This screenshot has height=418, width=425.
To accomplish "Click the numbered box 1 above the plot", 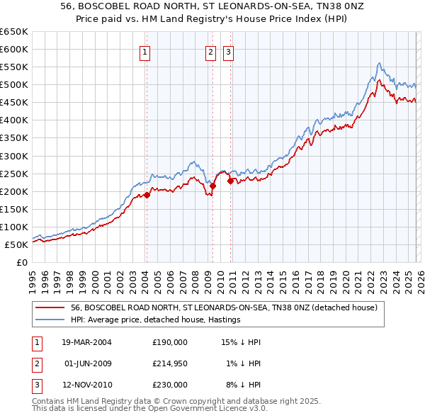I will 144,50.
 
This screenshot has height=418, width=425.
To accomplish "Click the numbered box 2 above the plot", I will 211,50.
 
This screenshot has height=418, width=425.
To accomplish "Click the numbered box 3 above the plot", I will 229,50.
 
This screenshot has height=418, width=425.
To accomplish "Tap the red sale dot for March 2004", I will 147,195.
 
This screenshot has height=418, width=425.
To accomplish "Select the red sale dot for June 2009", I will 212,186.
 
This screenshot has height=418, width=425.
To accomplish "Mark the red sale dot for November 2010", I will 230,181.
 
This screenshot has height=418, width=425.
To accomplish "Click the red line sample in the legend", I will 50,307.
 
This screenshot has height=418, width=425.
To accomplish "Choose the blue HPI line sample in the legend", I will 50,320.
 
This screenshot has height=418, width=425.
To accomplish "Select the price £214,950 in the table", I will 170,363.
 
